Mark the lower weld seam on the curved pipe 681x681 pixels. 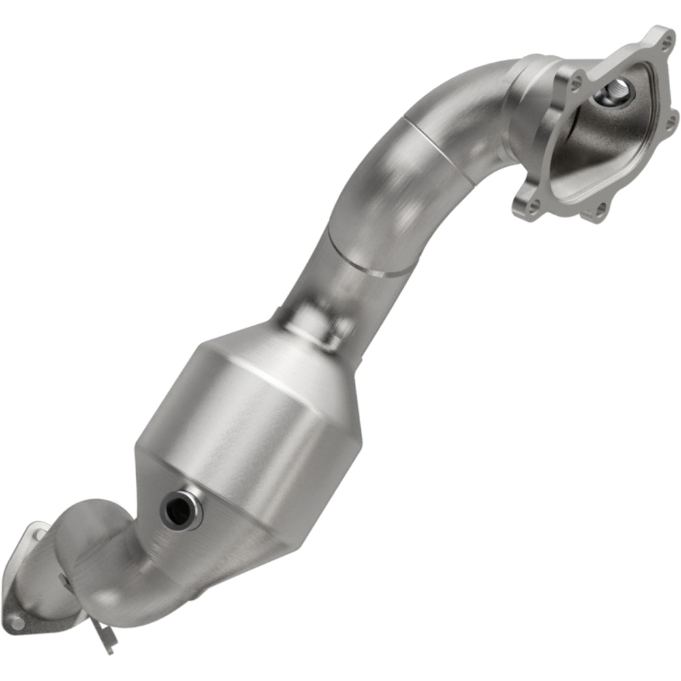coord(368,259)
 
